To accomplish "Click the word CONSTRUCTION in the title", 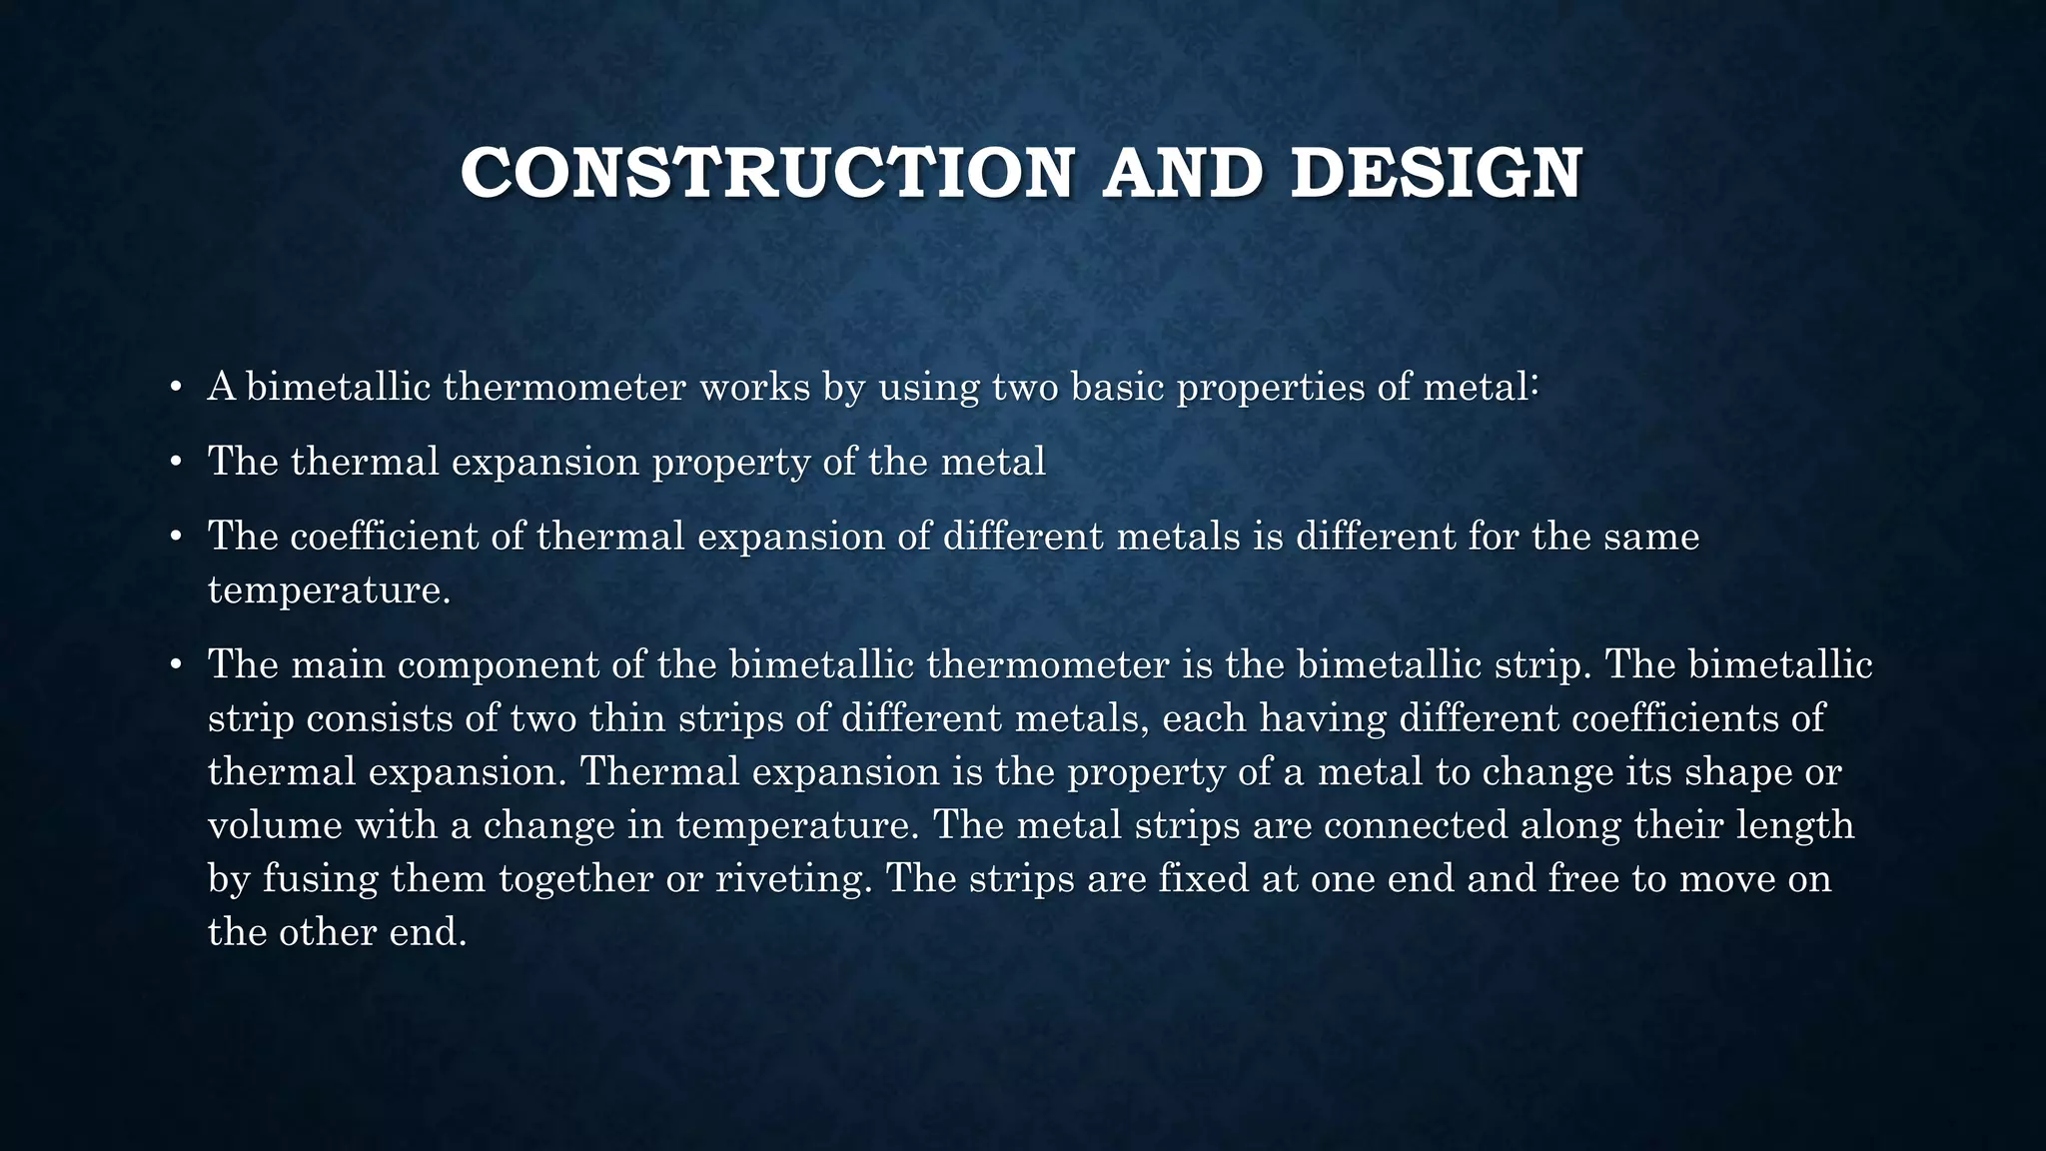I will [766, 173].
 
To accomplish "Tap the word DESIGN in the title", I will [1436, 173].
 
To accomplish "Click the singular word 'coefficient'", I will [384, 537].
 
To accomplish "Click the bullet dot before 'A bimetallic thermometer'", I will [175, 388].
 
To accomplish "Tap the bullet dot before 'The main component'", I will [175, 665].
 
